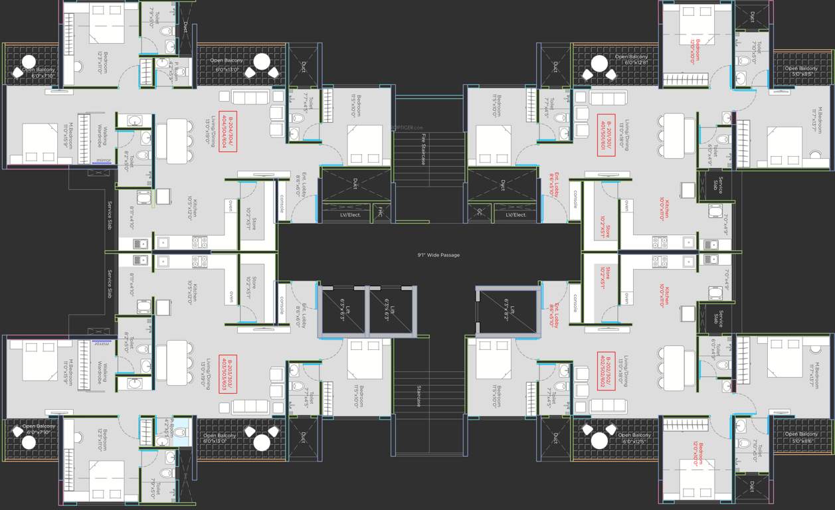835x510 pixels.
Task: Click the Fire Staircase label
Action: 423,149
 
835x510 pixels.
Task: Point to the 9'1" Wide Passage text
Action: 438,255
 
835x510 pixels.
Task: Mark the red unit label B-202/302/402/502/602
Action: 606,371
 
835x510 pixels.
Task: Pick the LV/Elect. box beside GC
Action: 516,214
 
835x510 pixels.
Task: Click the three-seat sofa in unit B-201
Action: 608,98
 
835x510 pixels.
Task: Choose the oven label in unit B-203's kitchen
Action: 231,296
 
